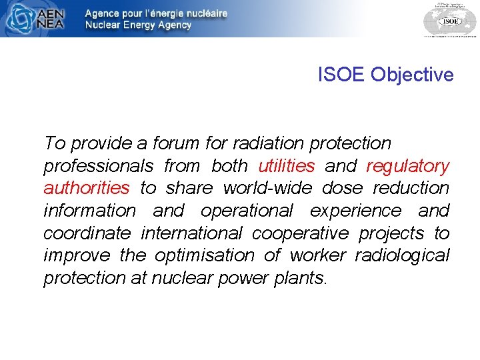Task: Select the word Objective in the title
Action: tap(412, 75)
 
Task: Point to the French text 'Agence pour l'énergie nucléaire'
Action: tap(156, 13)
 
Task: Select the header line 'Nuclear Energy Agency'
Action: tap(138, 25)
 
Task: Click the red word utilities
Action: tap(286, 165)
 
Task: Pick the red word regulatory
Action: tap(408, 165)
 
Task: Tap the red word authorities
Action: tap(87, 188)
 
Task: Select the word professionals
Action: tap(98, 165)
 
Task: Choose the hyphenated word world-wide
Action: tap(267, 188)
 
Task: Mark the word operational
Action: tap(247, 211)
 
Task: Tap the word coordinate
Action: tap(87, 233)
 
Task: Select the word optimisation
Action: tap(205, 255)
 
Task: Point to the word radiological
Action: tap(402, 255)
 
